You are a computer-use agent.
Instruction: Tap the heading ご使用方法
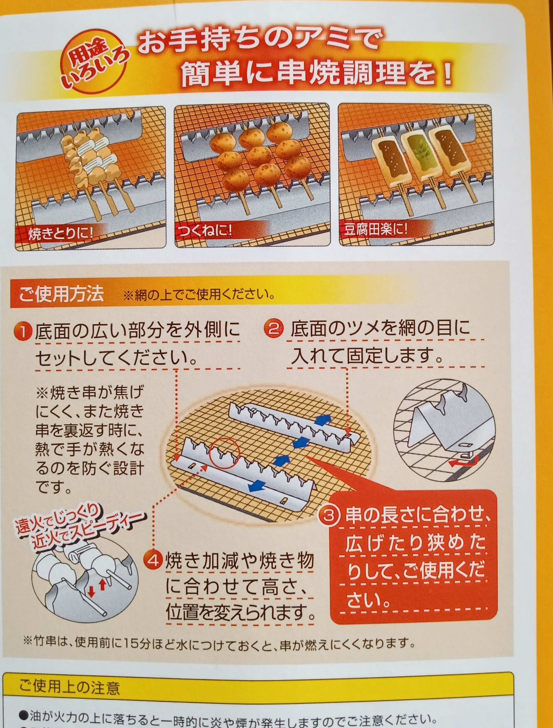pos(61,294)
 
